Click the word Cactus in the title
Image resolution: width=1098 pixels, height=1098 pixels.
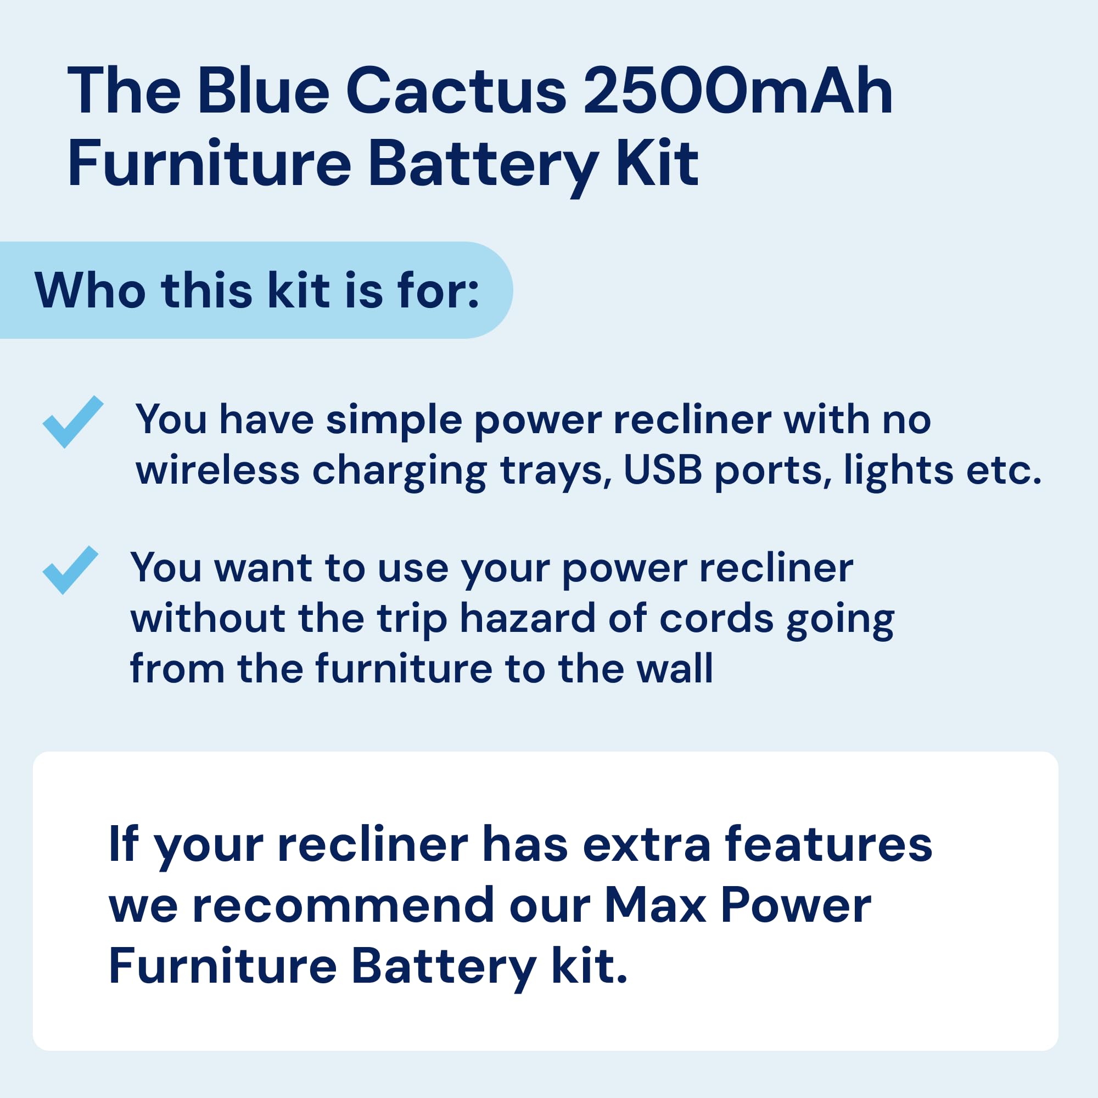[x=456, y=91]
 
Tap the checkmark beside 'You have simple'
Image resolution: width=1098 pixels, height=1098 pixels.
[x=73, y=421]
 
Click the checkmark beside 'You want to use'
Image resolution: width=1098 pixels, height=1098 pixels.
[x=70, y=570]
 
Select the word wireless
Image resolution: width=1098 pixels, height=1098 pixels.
[x=217, y=470]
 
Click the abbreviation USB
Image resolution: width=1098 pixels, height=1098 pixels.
[x=663, y=470]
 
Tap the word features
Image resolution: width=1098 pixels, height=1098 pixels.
[x=828, y=844]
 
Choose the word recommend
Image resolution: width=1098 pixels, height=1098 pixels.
[x=344, y=905]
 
